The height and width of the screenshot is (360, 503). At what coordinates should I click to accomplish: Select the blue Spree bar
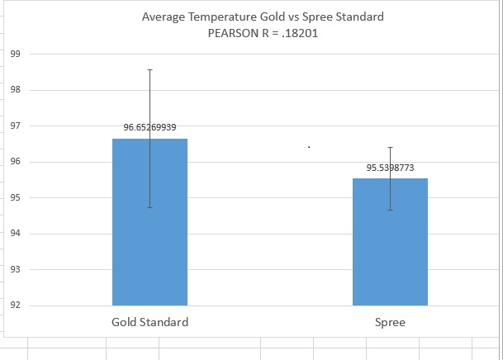(390, 248)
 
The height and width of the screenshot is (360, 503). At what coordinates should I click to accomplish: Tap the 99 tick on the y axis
(15, 54)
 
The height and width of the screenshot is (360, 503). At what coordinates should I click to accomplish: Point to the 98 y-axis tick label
(15, 90)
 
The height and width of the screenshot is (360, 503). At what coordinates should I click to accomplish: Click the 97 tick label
(15, 126)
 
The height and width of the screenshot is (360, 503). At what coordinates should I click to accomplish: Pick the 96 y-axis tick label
(15, 162)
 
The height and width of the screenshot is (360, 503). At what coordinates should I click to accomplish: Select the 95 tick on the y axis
(15, 197)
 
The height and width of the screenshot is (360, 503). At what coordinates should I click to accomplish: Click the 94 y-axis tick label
(15, 234)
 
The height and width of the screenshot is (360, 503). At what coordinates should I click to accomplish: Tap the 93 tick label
(15, 269)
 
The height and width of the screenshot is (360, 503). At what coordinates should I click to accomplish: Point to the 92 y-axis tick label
(15, 306)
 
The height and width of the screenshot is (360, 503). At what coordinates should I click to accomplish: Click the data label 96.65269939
(149, 127)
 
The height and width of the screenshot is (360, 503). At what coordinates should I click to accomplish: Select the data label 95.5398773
(390, 168)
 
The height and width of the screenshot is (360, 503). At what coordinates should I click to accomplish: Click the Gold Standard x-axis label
(149, 322)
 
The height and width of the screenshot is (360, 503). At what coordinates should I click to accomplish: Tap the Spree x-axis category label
(390, 322)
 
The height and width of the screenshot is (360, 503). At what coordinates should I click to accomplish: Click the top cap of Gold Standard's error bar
(149, 69)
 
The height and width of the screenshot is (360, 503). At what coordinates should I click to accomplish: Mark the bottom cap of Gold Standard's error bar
(149, 207)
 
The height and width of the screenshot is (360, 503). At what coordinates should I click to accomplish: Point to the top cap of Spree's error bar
(390, 147)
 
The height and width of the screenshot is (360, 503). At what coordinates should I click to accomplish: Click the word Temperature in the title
(225, 17)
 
